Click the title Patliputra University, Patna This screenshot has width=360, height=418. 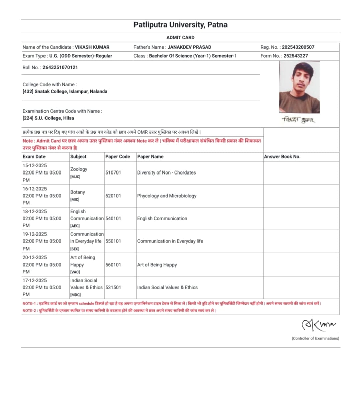click(x=180, y=25)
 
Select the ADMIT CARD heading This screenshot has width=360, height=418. click(x=180, y=38)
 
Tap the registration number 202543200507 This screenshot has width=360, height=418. click(x=298, y=47)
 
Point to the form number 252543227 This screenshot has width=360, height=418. click(x=295, y=56)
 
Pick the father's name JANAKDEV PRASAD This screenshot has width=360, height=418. click(x=189, y=47)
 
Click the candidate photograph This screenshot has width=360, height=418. click(x=299, y=87)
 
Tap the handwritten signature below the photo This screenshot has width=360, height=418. click(x=298, y=120)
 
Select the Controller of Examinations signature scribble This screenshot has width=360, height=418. click(x=318, y=325)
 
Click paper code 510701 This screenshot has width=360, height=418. click(x=113, y=173)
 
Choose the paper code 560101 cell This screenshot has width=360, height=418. click(x=113, y=265)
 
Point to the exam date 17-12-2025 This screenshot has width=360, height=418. click(x=35, y=280)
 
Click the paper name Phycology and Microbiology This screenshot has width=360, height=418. click(x=167, y=196)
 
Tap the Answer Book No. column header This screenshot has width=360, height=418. click(x=282, y=157)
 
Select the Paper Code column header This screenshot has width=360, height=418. click(x=117, y=157)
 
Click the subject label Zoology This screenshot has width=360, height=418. click(x=79, y=169)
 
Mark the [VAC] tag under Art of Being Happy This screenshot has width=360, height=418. click(x=75, y=272)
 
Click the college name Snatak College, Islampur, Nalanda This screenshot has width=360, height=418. click(x=71, y=92)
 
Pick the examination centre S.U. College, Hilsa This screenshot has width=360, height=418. click(x=54, y=118)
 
